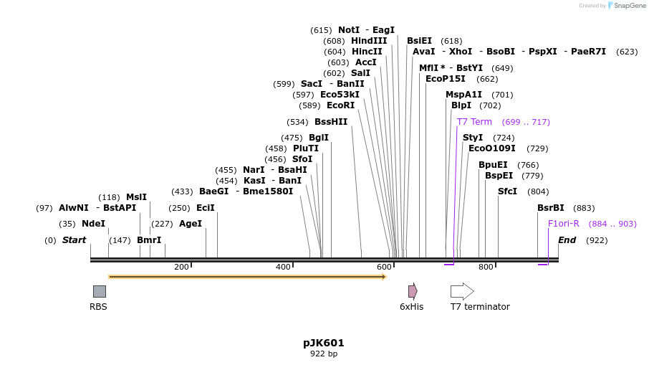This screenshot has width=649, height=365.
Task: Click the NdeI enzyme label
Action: point(93,224)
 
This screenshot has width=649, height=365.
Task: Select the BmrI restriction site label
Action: point(149,240)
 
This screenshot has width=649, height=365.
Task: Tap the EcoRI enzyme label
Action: point(340,105)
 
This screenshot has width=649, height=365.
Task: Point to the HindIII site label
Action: point(369,41)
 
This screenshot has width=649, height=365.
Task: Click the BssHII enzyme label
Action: point(331,122)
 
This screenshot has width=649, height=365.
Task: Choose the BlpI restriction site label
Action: point(461,105)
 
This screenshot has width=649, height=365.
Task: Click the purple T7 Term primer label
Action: point(474,122)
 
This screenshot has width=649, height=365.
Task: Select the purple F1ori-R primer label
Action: point(563,224)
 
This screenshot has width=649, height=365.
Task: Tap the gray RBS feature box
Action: point(100,291)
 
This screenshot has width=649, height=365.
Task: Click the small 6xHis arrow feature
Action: point(413,291)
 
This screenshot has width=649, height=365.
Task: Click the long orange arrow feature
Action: point(247,277)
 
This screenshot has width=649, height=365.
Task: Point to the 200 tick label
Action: point(181,267)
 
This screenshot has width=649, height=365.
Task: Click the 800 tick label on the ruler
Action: point(486,267)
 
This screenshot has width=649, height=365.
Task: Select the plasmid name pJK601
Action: point(324,343)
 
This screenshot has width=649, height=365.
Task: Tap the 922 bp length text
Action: point(324,354)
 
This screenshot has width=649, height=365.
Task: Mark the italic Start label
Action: point(74,240)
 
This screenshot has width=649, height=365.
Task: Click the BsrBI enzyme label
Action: point(551,208)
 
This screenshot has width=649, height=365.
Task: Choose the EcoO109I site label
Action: point(491,148)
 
